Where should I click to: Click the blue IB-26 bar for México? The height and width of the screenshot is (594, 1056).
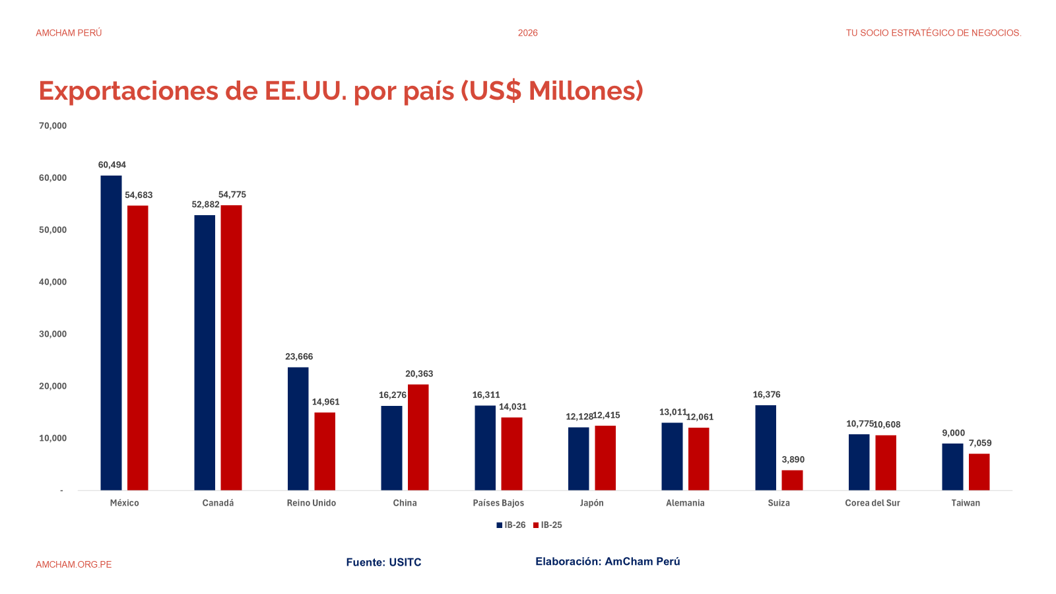(111, 333)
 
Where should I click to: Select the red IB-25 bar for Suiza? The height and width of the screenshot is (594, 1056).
(792, 480)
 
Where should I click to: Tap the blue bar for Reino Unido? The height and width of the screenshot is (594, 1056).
(298, 428)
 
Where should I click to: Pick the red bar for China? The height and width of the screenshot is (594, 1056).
(418, 437)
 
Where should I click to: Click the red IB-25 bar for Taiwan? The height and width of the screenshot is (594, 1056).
(979, 472)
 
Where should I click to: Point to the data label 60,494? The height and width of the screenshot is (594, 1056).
(112, 165)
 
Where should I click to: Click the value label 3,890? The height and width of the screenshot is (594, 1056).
(793, 460)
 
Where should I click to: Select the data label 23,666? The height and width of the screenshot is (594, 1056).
(299, 356)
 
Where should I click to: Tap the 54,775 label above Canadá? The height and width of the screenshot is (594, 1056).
(232, 195)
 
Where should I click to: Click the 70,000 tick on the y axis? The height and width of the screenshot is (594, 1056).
(53, 126)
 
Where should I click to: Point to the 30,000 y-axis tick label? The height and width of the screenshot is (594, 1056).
(53, 334)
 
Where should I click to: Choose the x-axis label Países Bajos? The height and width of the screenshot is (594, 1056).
(498, 503)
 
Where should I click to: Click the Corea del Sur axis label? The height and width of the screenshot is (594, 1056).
(873, 503)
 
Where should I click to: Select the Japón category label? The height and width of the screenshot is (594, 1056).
(592, 503)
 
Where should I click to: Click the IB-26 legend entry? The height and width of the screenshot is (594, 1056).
(511, 525)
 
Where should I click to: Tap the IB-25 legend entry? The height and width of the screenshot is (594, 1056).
(548, 525)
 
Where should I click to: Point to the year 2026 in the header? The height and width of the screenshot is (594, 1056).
(528, 33)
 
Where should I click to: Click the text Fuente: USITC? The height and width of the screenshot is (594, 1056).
(383, 562)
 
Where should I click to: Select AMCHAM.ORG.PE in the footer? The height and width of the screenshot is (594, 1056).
(74, 564)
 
